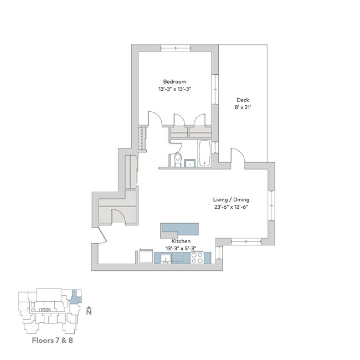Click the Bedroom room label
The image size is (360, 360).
174,81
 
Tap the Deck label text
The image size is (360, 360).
243,100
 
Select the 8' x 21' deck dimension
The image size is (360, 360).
243,109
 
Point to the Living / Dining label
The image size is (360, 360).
230,199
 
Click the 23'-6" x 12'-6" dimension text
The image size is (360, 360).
230,208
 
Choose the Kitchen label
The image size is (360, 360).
181,242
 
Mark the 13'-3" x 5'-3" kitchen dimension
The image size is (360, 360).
181,249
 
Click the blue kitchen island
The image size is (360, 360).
179,229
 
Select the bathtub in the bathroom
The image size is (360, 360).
205,153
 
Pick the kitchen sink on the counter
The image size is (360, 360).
166,258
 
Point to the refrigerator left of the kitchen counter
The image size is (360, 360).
145,257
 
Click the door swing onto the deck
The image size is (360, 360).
235,155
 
